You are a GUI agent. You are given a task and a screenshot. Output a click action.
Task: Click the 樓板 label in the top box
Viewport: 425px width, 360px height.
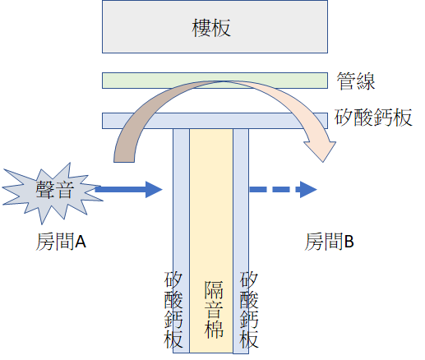(211, 28)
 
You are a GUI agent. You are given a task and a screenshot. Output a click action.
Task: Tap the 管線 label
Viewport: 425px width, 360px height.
(356, 81)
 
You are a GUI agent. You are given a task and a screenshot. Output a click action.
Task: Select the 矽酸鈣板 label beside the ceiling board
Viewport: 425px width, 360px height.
(373, 118)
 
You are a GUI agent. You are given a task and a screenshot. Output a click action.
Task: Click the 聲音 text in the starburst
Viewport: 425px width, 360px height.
(55, 189)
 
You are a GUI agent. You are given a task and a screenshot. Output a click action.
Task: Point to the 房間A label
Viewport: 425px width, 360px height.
(61, 242)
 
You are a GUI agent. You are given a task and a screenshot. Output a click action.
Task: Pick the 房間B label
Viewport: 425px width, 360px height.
(329, 242)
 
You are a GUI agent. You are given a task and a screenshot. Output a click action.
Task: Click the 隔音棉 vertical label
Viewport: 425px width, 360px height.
(214, 309)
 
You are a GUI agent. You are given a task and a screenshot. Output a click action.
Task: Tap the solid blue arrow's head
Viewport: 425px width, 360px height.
(154, 189)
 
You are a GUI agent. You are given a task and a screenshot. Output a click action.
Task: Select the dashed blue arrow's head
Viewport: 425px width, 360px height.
(308, 189)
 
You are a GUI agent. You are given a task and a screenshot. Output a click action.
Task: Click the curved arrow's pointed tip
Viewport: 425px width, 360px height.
(324, 162)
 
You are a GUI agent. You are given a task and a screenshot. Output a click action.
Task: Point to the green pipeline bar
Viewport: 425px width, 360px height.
(215, 81)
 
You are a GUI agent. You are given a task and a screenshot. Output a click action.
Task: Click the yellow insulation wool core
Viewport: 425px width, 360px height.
(211, 241)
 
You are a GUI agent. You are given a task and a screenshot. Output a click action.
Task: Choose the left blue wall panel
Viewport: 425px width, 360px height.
(181, 241)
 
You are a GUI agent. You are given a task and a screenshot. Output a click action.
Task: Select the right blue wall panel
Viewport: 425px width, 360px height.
(241, 241)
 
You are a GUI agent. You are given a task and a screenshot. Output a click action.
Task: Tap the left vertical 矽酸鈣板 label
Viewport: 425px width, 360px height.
(173, 310)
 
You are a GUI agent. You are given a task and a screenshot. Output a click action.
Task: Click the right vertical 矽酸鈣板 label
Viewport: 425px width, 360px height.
(249, 310)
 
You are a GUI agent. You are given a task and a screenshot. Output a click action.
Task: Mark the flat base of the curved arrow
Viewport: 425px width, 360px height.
(124, 162)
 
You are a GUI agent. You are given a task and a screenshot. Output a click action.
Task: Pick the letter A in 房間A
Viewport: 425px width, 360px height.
(81, 242)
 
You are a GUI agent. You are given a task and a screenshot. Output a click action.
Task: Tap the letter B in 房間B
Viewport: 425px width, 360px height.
(349, 242)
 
